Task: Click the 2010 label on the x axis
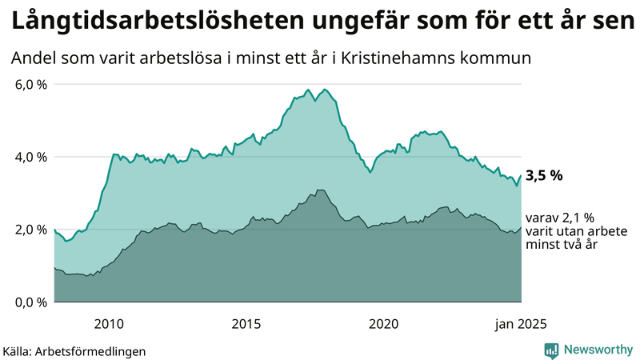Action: pos(109,323)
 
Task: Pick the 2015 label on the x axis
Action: pos(246,323)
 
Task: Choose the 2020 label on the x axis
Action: pos(383,323)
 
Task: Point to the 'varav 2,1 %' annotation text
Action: pos(560,218)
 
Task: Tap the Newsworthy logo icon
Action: pos(551,350)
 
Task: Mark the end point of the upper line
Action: pos(522,175)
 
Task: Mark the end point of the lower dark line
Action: pos(522,227)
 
